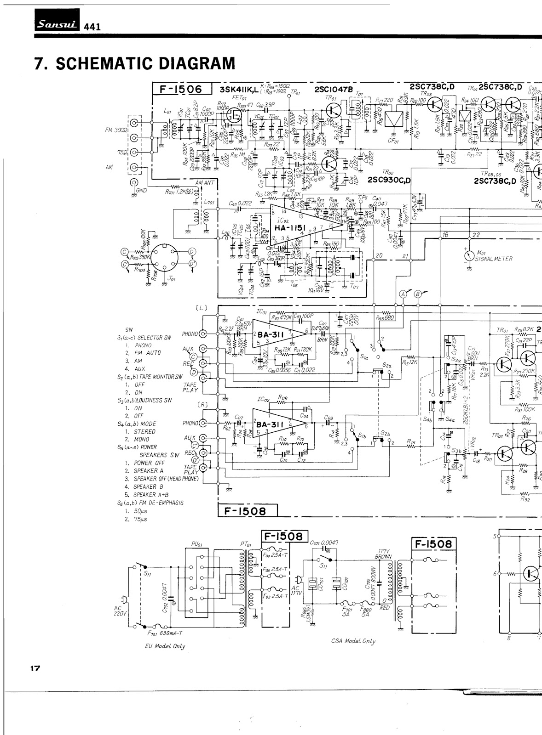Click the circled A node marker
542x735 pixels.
(403, 294)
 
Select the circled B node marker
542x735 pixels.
(418, 294)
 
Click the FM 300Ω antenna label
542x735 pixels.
(115, 130)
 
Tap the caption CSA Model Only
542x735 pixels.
(353, 641)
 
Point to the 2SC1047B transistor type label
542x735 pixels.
(334, 90)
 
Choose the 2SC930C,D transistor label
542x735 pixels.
(389, 180)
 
